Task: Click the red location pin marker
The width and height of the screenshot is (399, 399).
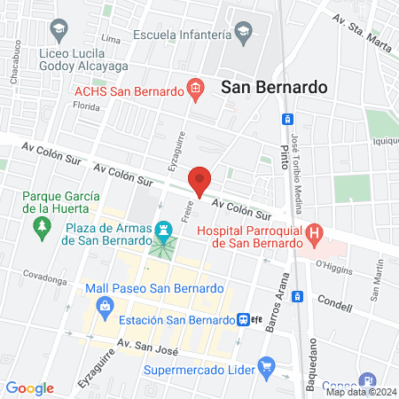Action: click(199, 181)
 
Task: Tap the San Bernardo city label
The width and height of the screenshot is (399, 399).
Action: click(274, 87)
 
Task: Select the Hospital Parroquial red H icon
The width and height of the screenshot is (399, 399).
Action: click(314, 236)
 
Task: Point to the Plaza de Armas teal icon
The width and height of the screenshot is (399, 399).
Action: click(163, 229)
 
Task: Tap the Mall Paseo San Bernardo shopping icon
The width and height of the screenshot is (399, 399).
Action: click(106, 307)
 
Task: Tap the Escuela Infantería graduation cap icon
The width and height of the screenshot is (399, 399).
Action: click(243, 36)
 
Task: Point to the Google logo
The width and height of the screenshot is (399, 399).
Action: click(29, 388)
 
